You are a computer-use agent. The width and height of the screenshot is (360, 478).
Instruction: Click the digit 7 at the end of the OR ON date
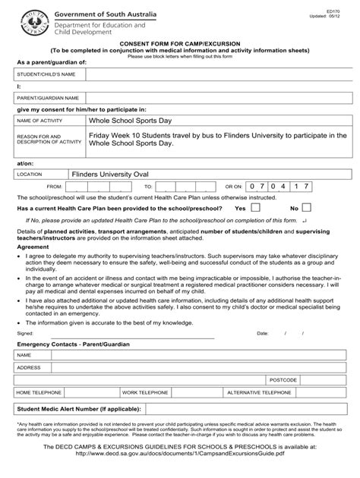click(328, 185)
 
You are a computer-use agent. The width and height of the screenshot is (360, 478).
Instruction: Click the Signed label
click(24, 333)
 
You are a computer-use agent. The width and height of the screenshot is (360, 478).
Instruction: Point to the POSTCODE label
click(283, 379)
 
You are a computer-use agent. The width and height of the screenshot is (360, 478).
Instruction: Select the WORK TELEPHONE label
click(145, 392)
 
